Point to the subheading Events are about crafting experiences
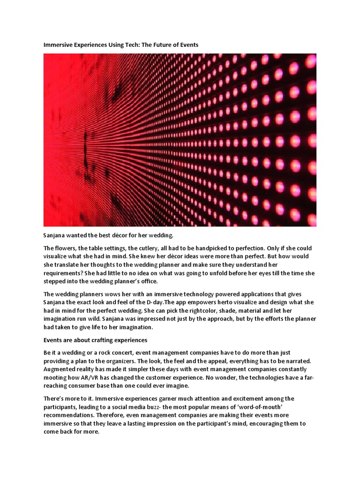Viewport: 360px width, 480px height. point(95,340)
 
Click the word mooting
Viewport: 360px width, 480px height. point(56,377)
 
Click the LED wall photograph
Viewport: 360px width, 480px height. point(180,140)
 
